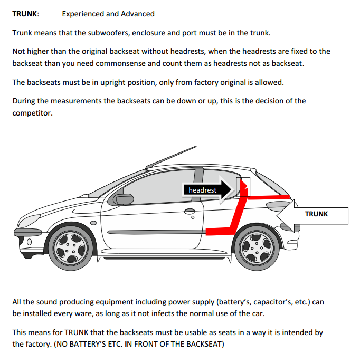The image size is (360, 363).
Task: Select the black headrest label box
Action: (x=203, y=190)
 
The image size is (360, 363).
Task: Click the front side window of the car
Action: (x=153, y=187)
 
